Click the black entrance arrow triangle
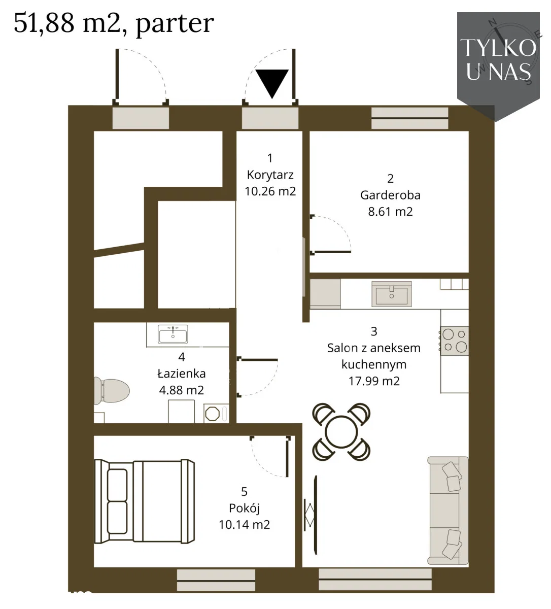272,82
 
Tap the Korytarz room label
270,175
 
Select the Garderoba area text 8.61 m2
390,212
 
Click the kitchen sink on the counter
392,294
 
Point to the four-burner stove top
455,341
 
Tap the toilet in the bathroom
111,392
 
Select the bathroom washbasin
173,334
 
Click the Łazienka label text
182,374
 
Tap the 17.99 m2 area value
374,381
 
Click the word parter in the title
175,24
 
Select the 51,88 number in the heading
44,23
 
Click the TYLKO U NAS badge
498,66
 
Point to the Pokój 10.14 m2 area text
245,525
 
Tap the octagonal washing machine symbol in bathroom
212,413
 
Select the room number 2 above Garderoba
390,179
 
